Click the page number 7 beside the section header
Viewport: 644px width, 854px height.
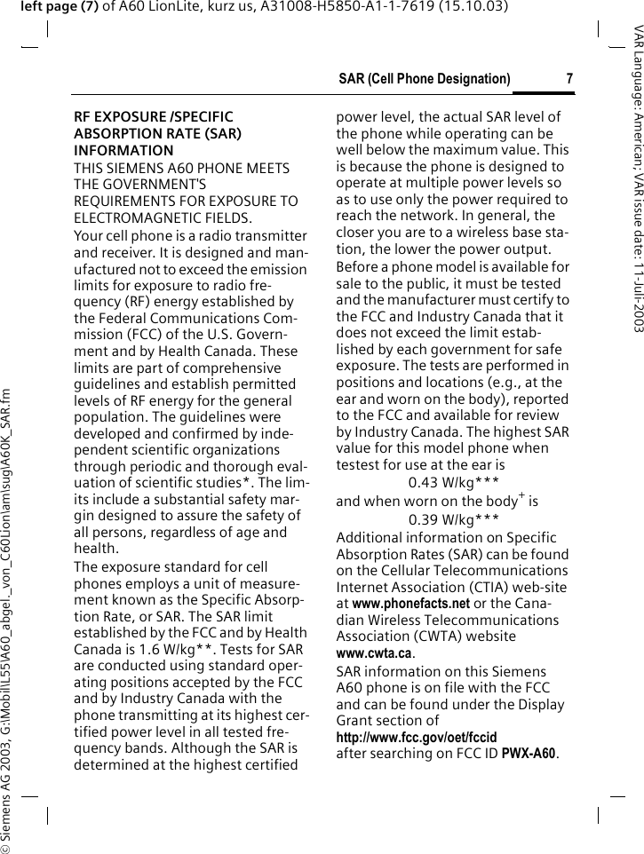[569, 79]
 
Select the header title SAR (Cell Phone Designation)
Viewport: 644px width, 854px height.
[425, 79]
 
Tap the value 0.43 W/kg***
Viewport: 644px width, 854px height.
[452, 484]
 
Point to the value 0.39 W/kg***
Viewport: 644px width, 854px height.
[452, 519]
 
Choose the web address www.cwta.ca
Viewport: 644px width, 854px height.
[374, 653]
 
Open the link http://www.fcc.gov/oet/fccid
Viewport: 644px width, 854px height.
[416, 738]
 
